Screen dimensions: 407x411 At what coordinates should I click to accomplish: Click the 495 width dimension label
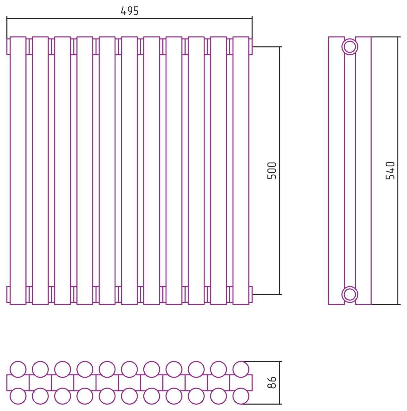pos(129,11)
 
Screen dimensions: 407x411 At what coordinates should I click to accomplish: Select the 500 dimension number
pos(272,171)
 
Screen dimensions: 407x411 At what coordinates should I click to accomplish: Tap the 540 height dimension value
pos(390,171)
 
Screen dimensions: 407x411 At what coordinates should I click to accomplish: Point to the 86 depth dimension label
pos(272,382)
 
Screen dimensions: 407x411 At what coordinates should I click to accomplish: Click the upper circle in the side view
pos(350,47)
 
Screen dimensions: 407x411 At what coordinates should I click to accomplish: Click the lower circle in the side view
pos(350,294)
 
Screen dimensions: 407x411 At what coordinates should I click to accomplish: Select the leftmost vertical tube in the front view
pos(18,171)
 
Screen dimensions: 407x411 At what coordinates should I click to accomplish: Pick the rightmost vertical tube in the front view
pos(241,171)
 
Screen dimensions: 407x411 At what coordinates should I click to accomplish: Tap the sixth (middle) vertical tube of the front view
pos(129,171)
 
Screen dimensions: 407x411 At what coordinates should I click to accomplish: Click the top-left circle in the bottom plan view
pos(18,369)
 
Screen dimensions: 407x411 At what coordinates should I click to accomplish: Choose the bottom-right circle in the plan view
pos(241,396)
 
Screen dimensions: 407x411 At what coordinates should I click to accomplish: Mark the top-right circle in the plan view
pos(241,369)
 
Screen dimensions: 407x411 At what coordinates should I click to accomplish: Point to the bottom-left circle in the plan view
pos(18,396)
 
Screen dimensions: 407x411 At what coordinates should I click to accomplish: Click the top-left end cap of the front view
pos(8,47)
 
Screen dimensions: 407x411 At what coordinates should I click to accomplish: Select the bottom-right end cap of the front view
pos(251,294)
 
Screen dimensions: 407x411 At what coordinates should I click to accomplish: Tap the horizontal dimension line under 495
pos(129,19)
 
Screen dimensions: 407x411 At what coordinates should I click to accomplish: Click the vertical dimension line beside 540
pos(398,171)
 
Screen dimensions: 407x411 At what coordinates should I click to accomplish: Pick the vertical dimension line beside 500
pos(279,171)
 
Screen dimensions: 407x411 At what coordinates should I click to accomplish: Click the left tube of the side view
pos(336,171)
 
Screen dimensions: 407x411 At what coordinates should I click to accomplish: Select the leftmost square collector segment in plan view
pos(18,383)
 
